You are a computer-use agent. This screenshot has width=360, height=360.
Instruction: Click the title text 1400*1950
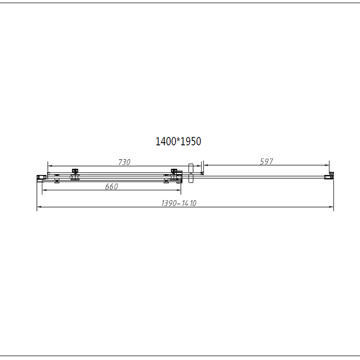pyautogui.click(x=178, y=141)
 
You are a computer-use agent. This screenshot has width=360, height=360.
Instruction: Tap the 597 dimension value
pyautogui.click(x=267, y=162)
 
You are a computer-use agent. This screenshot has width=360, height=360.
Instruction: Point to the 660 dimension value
pyautogui.click(x=112, y=187)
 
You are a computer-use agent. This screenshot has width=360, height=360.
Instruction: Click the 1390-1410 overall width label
pyautogui.click(x=179, y=203)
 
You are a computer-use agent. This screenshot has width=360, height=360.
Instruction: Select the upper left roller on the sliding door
pyautogui.click(x=75, y=171)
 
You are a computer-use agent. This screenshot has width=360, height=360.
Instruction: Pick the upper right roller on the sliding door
pyautogui.click(x=174, y=171)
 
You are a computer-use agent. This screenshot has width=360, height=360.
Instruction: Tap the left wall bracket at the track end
pyautogui.click(x=40, y=176)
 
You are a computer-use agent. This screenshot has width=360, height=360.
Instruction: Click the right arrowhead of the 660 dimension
pyautogui.click(x=180, y=190)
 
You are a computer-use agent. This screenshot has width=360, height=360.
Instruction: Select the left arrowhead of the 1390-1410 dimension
pyautogui.click(x=38, y=207)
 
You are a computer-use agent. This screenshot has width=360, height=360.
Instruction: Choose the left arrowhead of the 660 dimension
pyautogui.click(x=44, y=190)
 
